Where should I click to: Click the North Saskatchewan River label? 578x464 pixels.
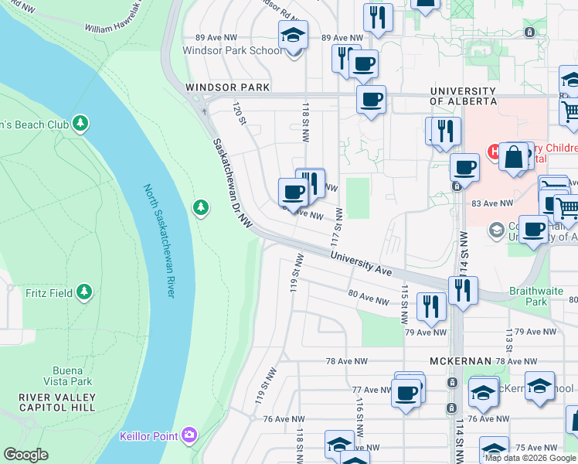point(160,241)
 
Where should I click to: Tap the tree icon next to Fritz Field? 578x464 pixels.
point(84,292)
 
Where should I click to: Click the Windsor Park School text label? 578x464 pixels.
point(232,51)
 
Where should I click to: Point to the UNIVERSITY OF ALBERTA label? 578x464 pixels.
point(463,96)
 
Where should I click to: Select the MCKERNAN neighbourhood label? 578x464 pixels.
point(461,361)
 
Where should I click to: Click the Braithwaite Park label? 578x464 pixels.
point(533,297)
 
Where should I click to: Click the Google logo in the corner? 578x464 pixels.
point(25,455)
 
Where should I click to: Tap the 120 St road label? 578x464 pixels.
point(240,115)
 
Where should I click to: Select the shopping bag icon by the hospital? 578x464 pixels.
point(513,158)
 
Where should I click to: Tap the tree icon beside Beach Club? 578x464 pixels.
point(80,124)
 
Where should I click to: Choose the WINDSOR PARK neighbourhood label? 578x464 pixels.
point(227,88)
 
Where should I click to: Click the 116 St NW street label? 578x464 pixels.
point(360,416)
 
